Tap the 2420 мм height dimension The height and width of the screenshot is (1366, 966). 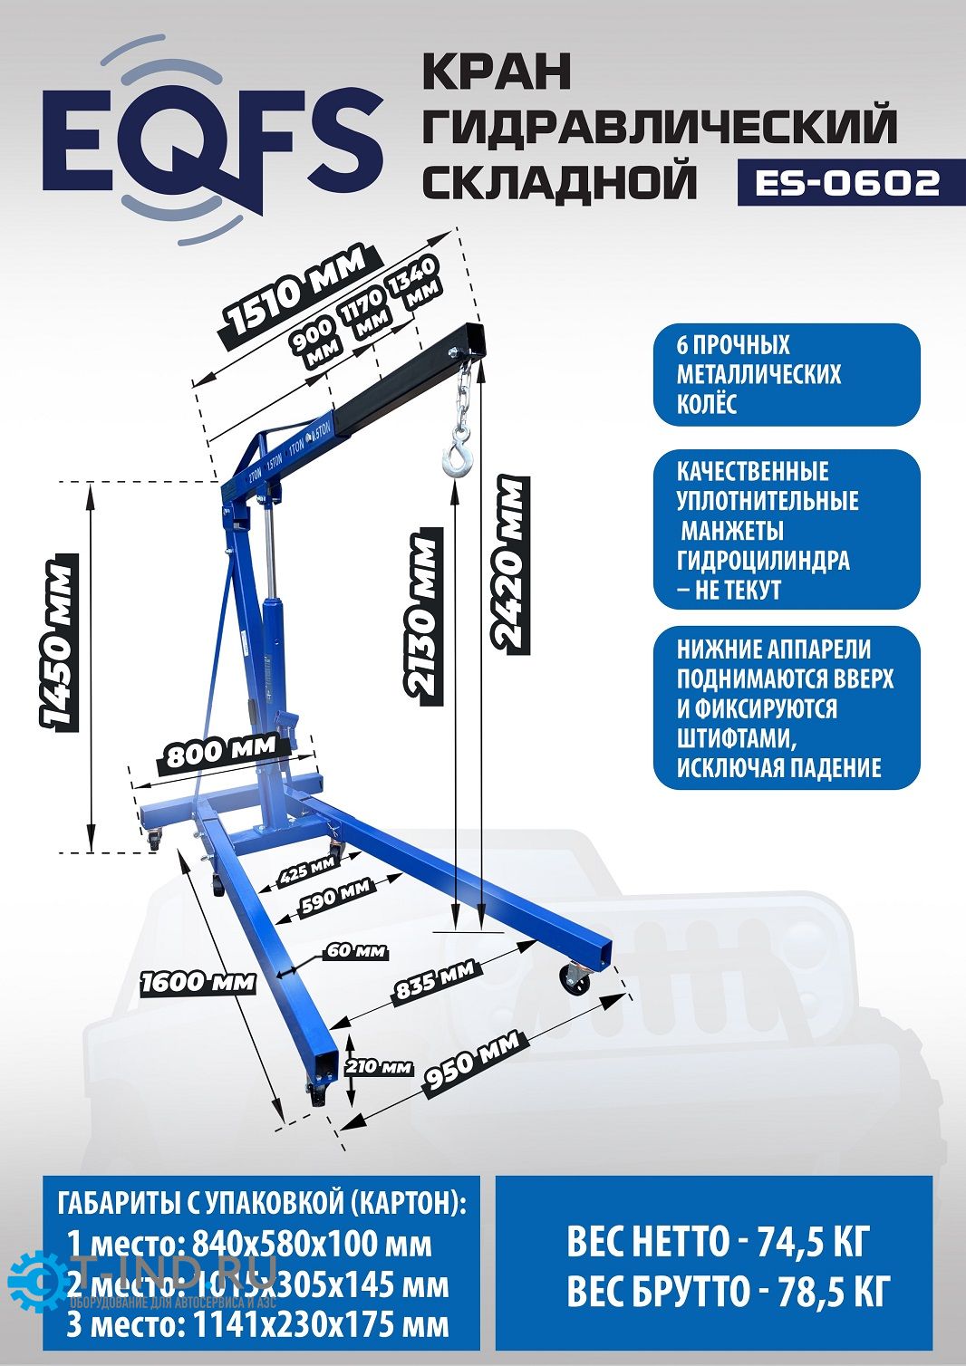click(509, 563)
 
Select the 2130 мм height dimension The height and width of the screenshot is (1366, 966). click(423, 617)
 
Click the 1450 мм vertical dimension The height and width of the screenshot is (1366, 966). click(56, 645)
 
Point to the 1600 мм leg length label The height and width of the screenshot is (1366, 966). click(198, 981)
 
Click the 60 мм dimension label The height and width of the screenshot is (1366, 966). click(356, 951)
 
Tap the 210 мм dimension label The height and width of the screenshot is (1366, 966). click(379, 1066)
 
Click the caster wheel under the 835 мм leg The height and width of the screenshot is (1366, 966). click(575, 978)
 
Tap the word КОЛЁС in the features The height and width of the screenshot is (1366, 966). click(707, 403)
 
